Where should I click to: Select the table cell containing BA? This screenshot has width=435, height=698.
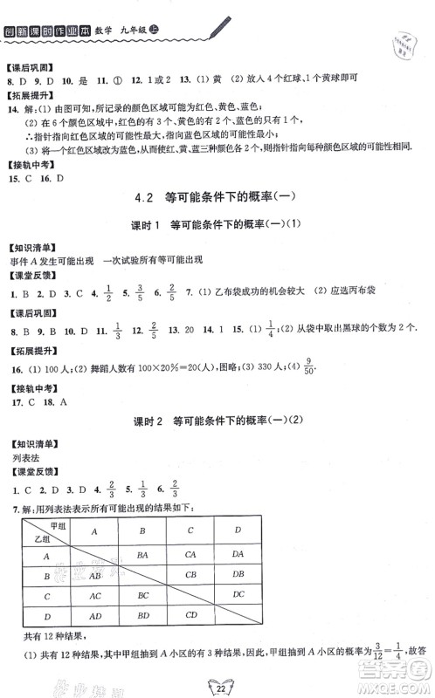[141, 552]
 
